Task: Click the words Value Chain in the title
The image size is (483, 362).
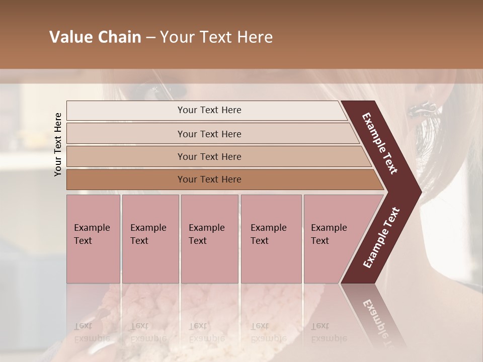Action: pyautogui.click(x=95, y=37)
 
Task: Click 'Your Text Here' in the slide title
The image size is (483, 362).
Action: pyautogui.click(x=216, y=37)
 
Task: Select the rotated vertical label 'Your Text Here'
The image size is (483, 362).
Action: pyautogui.click(x=58, y=144)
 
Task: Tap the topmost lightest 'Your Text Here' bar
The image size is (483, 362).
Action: pyautogui.click(x=209, y=110)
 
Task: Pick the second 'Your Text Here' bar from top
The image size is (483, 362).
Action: pyautogui.click(x=209, y=134)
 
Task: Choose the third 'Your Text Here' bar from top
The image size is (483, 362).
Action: pyautogui.click(x=209, y=156)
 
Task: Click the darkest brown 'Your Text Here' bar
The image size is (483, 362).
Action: pyautogui.click(x=209, y=179)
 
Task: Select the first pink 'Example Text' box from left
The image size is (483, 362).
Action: pyautogui.click(x=93, y=238)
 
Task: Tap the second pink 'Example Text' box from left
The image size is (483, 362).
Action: pyautogui.click(x=150, y=238)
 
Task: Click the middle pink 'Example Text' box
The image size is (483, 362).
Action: pyautogui.click(x=209, y=238)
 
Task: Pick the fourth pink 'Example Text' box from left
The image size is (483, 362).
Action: pyautogui.click(x=271, y=238)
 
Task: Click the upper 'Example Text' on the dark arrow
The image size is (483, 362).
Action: pyautogui.click(x=380, y=143)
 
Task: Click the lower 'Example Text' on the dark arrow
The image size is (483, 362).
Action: pyautogui.click(x=381, y=237)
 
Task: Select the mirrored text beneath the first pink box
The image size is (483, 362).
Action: pyautogui.click(x=92, y=332)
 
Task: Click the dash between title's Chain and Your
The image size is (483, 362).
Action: pyautogui.click(x=150, y=38)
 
